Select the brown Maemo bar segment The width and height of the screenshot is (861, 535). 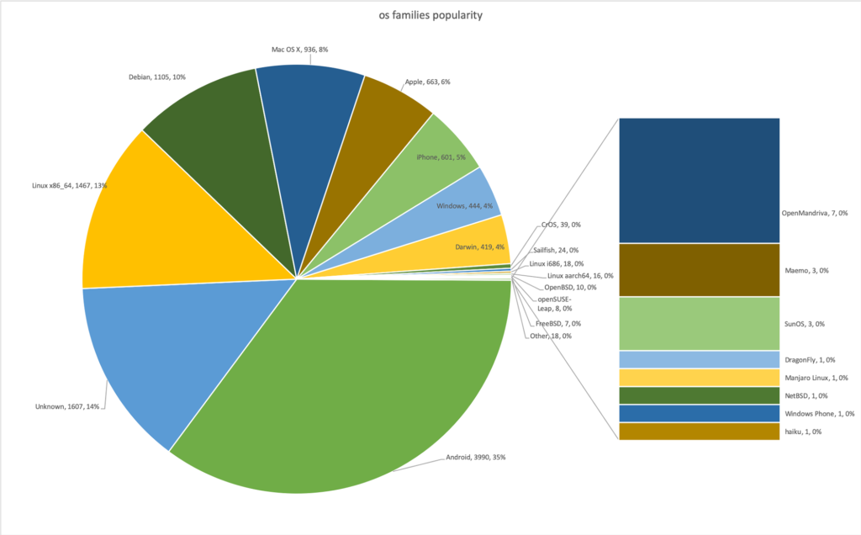pos(698,269)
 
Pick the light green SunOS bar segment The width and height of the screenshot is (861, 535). pos(698,323)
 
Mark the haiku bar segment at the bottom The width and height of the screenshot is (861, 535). pos(698,432)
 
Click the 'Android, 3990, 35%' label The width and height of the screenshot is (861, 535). pos(475,458)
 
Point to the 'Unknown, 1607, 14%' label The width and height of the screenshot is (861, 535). pos(67,406)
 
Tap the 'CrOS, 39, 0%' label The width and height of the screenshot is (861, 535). pos(558,225)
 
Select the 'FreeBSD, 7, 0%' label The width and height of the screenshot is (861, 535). pos(557,323)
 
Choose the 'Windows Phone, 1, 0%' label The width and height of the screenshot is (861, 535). pos(820,413)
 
